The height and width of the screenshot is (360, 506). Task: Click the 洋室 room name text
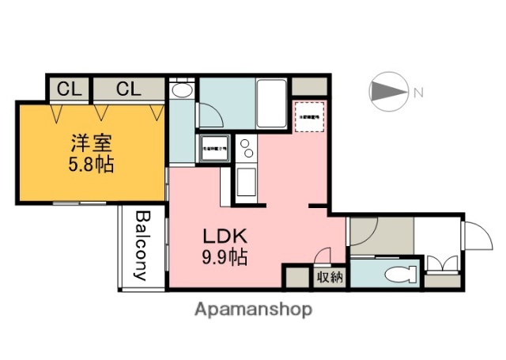(92, 146)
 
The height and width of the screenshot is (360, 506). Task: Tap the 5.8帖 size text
(92, 166)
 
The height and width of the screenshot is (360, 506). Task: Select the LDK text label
(227, 236)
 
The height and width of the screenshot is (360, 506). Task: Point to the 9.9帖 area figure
(227, 256)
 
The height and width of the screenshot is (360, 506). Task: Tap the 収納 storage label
(330, 278)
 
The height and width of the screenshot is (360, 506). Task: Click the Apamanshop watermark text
(253, 309)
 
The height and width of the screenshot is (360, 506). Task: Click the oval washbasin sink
(182, 91)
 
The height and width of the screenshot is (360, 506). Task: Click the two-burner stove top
(246, 147)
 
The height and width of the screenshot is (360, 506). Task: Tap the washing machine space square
(213, 148)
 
